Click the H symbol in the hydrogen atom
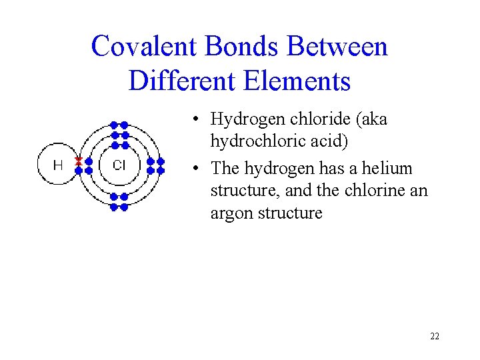pos(58,165)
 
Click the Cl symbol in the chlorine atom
pos(119,165)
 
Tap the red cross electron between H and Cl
pos(79,161)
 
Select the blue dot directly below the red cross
pos(79,170)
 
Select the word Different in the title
pos(175,81)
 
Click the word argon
pos(233,214)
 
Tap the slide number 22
pos(435,336)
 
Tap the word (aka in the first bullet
pos(370,120)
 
